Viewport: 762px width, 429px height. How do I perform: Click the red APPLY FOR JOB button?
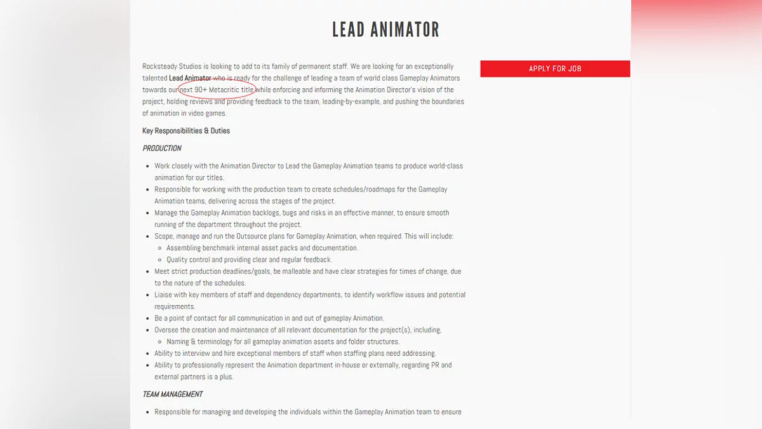tap(555, 69)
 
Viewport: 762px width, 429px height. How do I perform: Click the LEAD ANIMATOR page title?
tap(385, 29)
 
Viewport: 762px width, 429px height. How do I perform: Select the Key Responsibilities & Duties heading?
tap(186, 131)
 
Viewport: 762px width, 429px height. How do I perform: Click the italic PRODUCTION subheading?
tap(162, 148)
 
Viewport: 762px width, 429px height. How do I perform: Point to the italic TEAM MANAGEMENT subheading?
tap(173, 394)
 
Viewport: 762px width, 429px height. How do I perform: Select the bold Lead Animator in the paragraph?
tap(190, 78)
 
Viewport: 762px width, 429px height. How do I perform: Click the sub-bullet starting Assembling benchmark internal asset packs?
tap(262, 248)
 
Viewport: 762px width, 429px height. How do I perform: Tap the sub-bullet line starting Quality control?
tap(249, 259)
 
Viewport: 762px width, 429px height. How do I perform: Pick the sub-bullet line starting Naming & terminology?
tap(283, 341)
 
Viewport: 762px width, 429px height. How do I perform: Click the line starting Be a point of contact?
tap(269, 318)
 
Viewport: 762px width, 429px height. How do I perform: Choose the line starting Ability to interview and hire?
tap(295, 353)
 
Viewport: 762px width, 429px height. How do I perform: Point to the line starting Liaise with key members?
tap(309, 295)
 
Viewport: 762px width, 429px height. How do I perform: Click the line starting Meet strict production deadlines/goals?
tap(307, 271)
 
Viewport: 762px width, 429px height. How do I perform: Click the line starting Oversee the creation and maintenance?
tap(297, 330)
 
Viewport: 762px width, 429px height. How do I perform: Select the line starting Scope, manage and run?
tap(304, 236)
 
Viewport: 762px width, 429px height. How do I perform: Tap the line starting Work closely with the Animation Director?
tap(309, 166)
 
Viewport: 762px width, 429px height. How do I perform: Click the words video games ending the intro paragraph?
tap(207, 113)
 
